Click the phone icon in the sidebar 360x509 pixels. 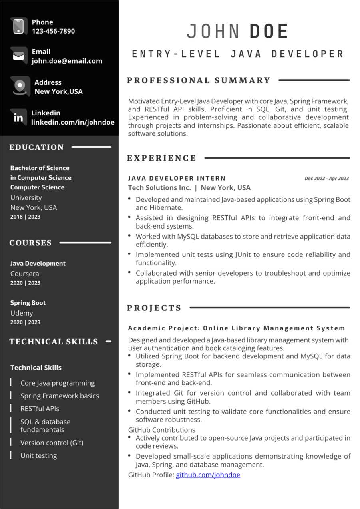pyautogui.click(x=18, y=26)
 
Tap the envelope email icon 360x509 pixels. pyautogui.click(x=18, y=56)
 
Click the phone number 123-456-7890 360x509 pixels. pyautogui.click(x=53, y=31)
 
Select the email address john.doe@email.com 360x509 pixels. pyautogui.click(x=67, y=61)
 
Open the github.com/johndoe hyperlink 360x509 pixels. pyautogui.click(x=208, y=475)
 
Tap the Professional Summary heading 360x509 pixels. pyautogui.click(x=199, y=80)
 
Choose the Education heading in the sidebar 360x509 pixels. pyautogui.click(x=36, y=147)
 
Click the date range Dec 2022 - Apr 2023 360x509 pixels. pyautogui.click(x=326, y=179)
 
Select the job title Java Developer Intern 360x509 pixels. pyautogui.click(x=177, y=178)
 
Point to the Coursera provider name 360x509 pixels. pyautogui.click(x=24, y=274)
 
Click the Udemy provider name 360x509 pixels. pyautogui.click(x=22, y=313)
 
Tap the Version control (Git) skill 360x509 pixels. pyautogui.click(x=52, y=443)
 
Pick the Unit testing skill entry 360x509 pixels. pyautogui.click(x=38, y=455)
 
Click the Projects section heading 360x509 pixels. pyautogui.click(x=154, y=308)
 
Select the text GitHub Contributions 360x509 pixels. pyautogui.click(x=161, y=430)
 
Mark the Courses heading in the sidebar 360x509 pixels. pyautogui.click(x=30, y=243)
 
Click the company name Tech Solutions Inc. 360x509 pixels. pyautogui.click(x=159, y=188)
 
